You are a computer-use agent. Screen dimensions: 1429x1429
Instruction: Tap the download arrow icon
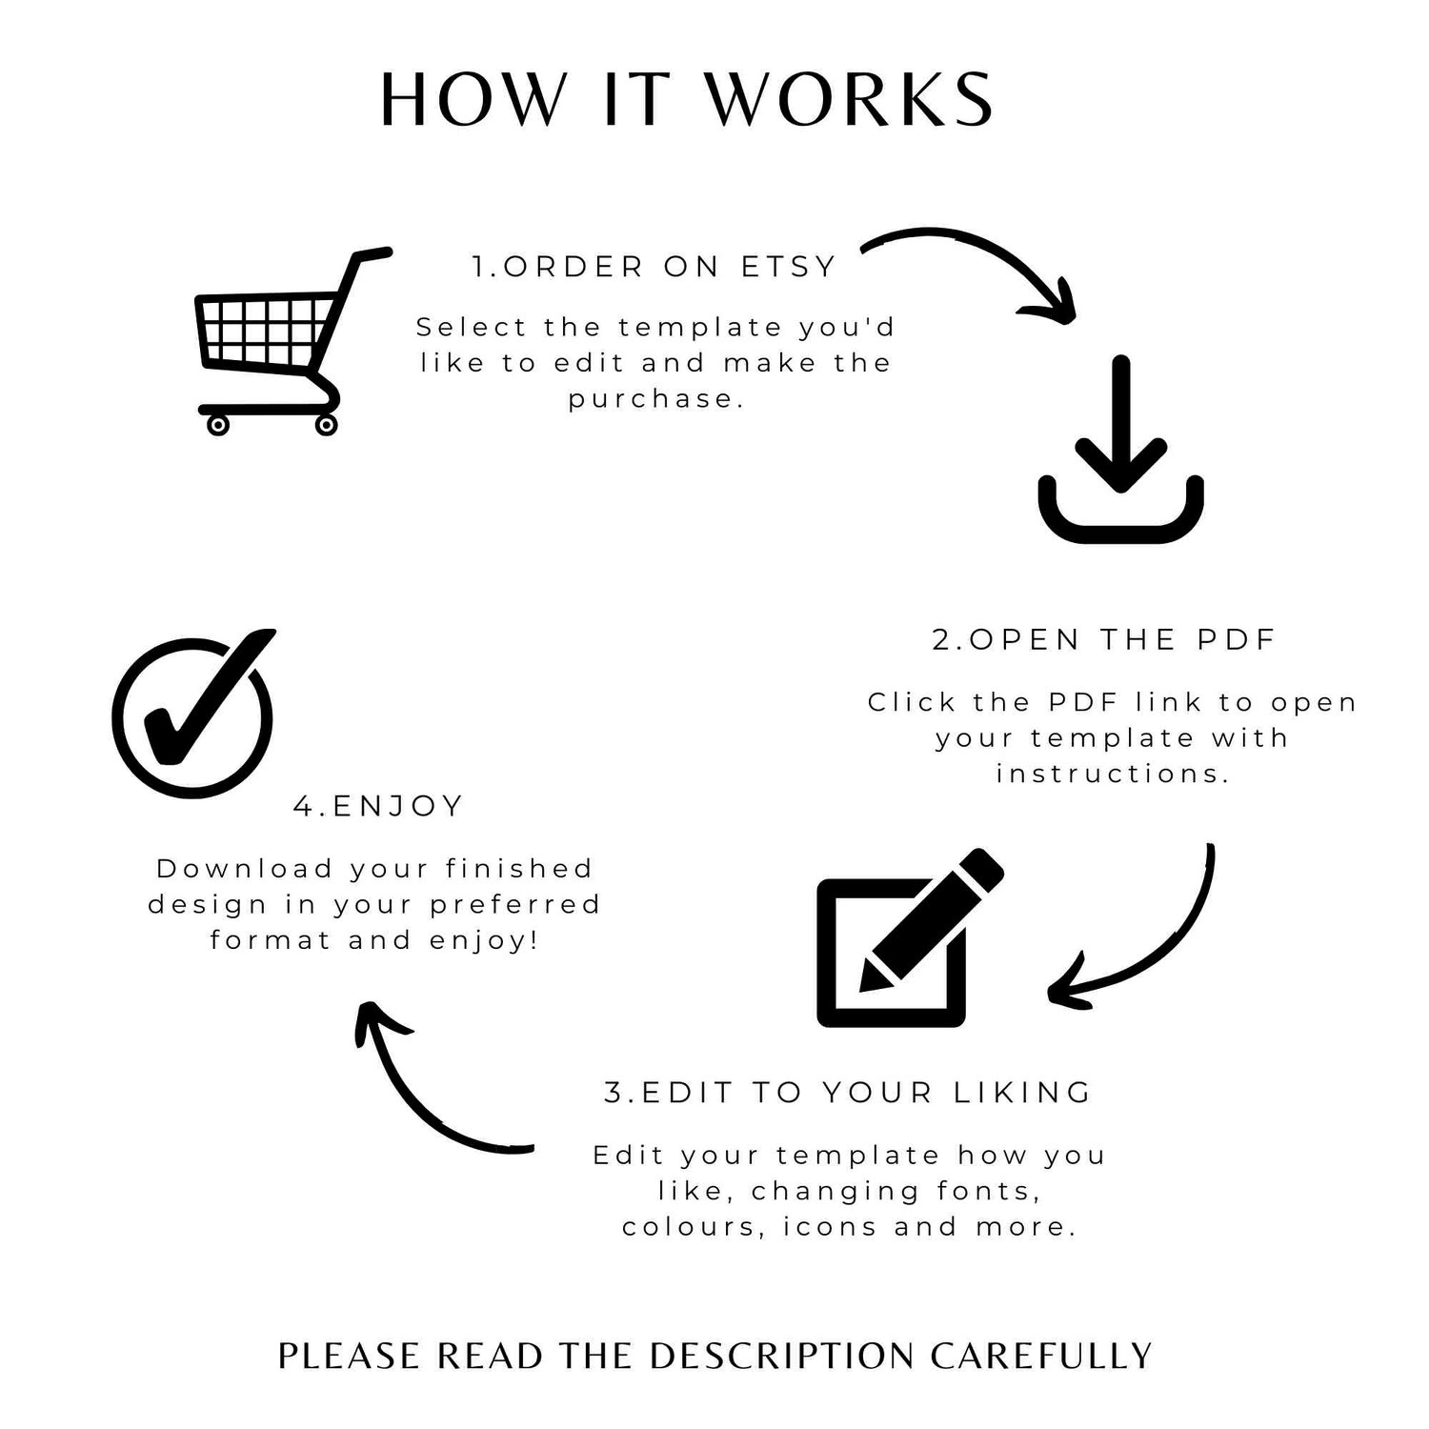click(x=1120, y=449)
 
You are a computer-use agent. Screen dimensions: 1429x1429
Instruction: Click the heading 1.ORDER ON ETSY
click(x=654, y=267)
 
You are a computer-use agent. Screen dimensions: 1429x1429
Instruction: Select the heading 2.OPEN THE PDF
click(x=1103, y=640)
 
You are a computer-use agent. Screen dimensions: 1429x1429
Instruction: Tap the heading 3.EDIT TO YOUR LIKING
click(x=848, y=1093)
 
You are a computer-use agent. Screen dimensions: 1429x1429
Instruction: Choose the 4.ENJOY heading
click(x=378, y=806)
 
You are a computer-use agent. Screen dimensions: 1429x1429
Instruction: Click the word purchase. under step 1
click(x=655, y=399)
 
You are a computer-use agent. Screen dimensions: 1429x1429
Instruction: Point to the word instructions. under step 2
click(x=1113, y=773)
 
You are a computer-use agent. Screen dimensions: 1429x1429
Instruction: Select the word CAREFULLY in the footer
click(x=1041, y=1355)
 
